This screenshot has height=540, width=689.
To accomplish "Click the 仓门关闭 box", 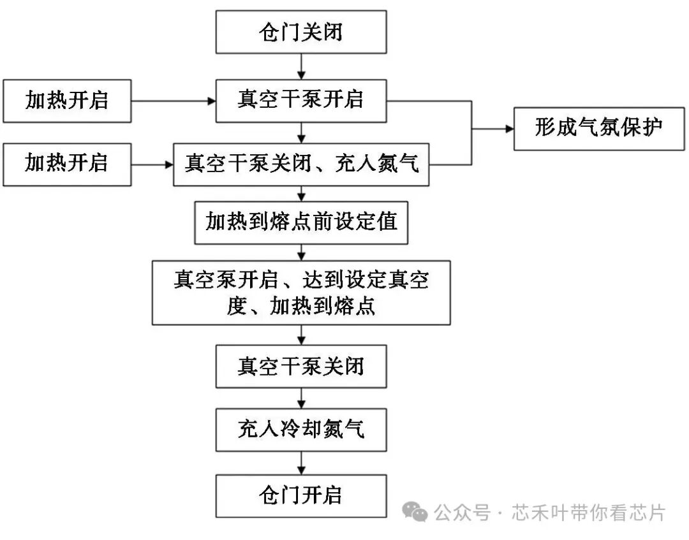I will [301, 32].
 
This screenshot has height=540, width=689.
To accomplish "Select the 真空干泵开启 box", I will [301, 100].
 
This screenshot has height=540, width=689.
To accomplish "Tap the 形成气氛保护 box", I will [598, 128].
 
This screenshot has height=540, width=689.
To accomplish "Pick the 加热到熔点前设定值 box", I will [301, 222].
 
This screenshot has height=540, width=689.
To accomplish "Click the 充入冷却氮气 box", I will [301, 429].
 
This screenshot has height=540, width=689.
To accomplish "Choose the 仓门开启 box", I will [301, 495].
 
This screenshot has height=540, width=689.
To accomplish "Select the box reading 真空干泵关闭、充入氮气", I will [301, 164].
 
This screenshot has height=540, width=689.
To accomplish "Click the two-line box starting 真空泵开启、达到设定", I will [301, 292].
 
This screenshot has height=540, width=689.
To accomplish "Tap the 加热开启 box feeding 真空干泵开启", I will [67, 100].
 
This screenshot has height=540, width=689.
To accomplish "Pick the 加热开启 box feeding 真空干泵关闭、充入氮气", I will [67, 164].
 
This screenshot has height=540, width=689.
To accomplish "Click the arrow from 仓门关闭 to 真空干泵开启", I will [301, 66].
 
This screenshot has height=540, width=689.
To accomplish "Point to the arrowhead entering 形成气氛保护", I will [508, 129].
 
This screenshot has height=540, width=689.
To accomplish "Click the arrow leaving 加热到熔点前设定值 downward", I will [301, 252].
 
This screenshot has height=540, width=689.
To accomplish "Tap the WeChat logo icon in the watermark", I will [415, 511].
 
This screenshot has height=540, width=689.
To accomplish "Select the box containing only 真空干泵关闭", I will [301, 367].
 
